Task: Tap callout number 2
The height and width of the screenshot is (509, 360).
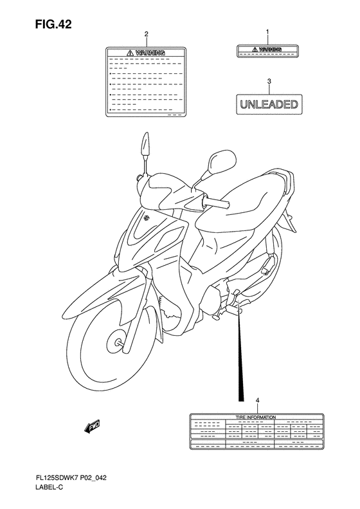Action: tap(147, 33)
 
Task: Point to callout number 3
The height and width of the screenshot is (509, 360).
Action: tap(269, 82)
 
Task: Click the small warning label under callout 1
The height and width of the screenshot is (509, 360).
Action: tap(269, 51)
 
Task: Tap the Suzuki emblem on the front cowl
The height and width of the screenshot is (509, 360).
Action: tap(148, 219)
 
